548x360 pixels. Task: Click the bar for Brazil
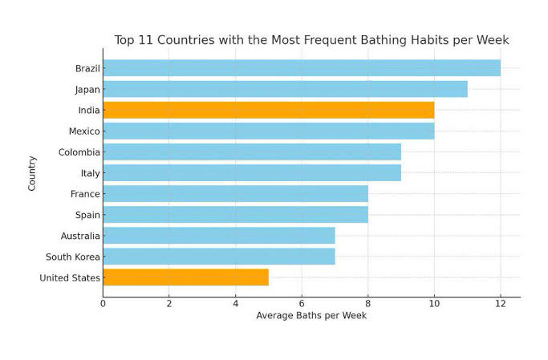coord(301,68)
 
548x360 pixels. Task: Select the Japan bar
coord(285,89)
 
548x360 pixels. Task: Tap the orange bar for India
coord(268,110)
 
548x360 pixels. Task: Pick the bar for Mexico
coord(268,131)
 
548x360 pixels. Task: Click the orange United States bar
coord(185,277)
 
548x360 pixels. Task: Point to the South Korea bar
coord(218,257)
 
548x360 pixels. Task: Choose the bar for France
coord(235,194)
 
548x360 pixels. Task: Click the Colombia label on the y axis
coord(79,152)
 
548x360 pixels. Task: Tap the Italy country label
coord(90,173)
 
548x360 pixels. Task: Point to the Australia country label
coord(80,236)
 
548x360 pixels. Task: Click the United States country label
coord(70,278)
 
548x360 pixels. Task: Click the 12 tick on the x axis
coord(500,303)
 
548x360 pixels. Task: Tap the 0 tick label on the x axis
coord(103,303)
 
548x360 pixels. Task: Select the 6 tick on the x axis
coord(302,303)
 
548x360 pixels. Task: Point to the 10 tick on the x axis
coord(434,303)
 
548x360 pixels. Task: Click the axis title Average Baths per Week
coord(311,316)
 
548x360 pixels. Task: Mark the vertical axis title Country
coord(32,172)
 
